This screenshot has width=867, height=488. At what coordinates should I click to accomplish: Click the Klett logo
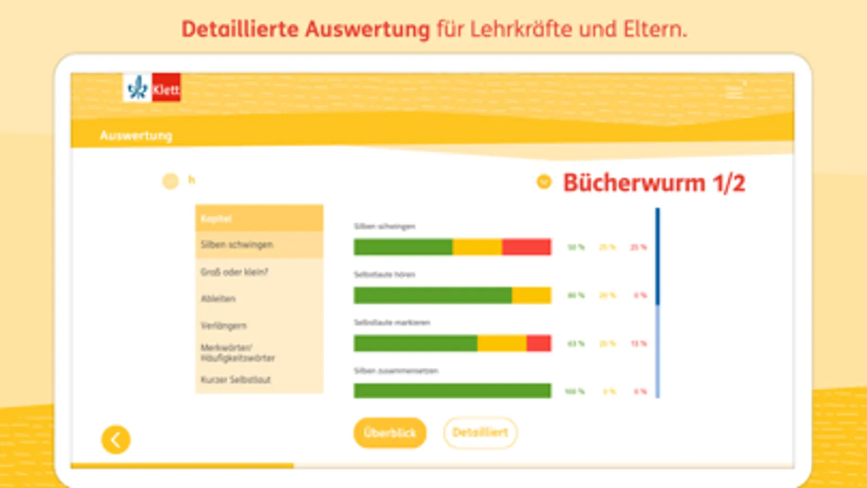click(152, 88)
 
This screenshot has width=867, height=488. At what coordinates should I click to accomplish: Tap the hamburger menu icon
click(734, 93)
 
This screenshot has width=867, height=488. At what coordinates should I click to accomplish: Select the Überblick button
click(390, 433)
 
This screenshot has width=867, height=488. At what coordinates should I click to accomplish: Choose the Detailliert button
click(480, 433)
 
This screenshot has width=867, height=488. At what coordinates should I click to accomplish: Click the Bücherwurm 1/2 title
click(654, 183)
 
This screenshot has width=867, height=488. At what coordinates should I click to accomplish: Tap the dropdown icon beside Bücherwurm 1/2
click(544, 182)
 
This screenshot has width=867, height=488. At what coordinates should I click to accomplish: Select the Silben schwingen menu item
click(237, 245)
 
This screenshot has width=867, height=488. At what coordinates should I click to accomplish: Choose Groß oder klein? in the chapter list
click(234, 272)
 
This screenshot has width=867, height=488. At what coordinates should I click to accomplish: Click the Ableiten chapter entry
click(219, 299)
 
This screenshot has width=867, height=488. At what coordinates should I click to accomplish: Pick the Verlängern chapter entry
click(223, 325)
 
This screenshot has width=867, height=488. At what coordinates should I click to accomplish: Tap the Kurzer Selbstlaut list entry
click(236, 380)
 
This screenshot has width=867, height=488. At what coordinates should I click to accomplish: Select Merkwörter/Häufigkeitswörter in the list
click(237, 352)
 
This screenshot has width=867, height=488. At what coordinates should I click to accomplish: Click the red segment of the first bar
click(526, 247)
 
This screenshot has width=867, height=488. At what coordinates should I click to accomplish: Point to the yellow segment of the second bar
click(531, 296)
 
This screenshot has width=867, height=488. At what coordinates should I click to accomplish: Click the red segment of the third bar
click(538, 343)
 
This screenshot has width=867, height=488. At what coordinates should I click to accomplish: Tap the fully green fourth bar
click(452, 391)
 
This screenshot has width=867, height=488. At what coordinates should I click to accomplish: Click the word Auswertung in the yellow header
click(136, 136)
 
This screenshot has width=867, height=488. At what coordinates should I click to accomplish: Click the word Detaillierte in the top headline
click(240, 29)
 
